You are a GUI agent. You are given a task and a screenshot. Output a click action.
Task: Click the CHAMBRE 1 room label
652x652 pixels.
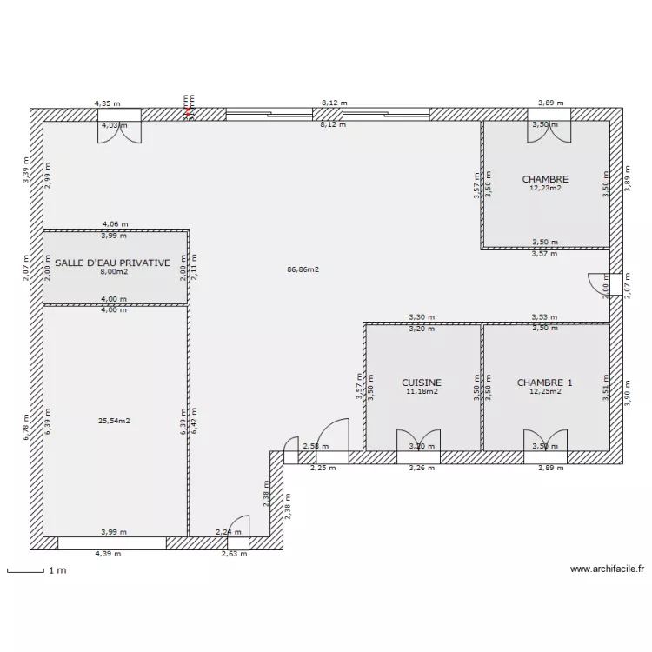click(545, 383)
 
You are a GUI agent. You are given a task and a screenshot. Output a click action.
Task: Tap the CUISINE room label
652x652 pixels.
click(422, 383)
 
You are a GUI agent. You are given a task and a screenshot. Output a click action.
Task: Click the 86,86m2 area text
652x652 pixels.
click(303, 269)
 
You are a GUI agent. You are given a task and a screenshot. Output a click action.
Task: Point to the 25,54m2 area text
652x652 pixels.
click(114, 421)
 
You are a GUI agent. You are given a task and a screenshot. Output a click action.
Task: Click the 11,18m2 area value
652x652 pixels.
click(422, 392)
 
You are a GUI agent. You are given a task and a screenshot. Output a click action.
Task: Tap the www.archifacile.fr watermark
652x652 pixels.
click(607, 570)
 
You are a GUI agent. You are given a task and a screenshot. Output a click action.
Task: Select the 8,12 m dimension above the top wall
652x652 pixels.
click(334, 103)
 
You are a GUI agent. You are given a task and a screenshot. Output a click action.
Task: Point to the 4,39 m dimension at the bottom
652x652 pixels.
click(108, 554)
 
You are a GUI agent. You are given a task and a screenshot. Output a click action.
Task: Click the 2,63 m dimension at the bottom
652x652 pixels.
click(234, 554)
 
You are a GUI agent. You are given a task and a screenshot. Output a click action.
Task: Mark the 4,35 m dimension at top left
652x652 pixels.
click(108, 103)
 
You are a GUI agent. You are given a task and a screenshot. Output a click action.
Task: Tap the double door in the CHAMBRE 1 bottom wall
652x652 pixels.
click(545, 441)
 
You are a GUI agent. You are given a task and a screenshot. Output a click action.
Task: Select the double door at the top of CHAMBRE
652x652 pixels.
click(549, 129)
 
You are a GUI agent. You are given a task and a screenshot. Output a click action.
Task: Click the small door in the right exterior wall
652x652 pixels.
click(601, 285)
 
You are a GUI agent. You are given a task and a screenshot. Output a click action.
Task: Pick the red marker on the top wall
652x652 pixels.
click(186, 110)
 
